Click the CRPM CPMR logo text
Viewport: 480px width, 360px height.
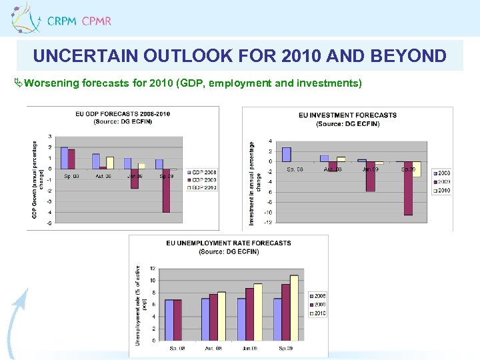(79, 21)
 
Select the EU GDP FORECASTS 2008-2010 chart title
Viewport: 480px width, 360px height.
(122, 117)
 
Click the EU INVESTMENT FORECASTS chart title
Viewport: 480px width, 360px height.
(347, 119)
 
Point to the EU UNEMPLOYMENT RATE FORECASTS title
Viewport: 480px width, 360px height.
(229, 247)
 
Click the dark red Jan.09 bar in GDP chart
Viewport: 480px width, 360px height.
(135, 179)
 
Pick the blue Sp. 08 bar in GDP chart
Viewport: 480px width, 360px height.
(64, 158)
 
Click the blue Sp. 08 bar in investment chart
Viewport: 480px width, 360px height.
(286, 154)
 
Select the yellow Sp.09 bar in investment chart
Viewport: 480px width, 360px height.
(417, 169)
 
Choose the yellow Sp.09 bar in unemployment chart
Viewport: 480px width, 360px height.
(294, 307)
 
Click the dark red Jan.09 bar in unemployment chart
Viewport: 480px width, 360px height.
(249, 314)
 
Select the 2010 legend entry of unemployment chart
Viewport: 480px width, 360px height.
(319, 313)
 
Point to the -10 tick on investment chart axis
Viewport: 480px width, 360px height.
(267, 213)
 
